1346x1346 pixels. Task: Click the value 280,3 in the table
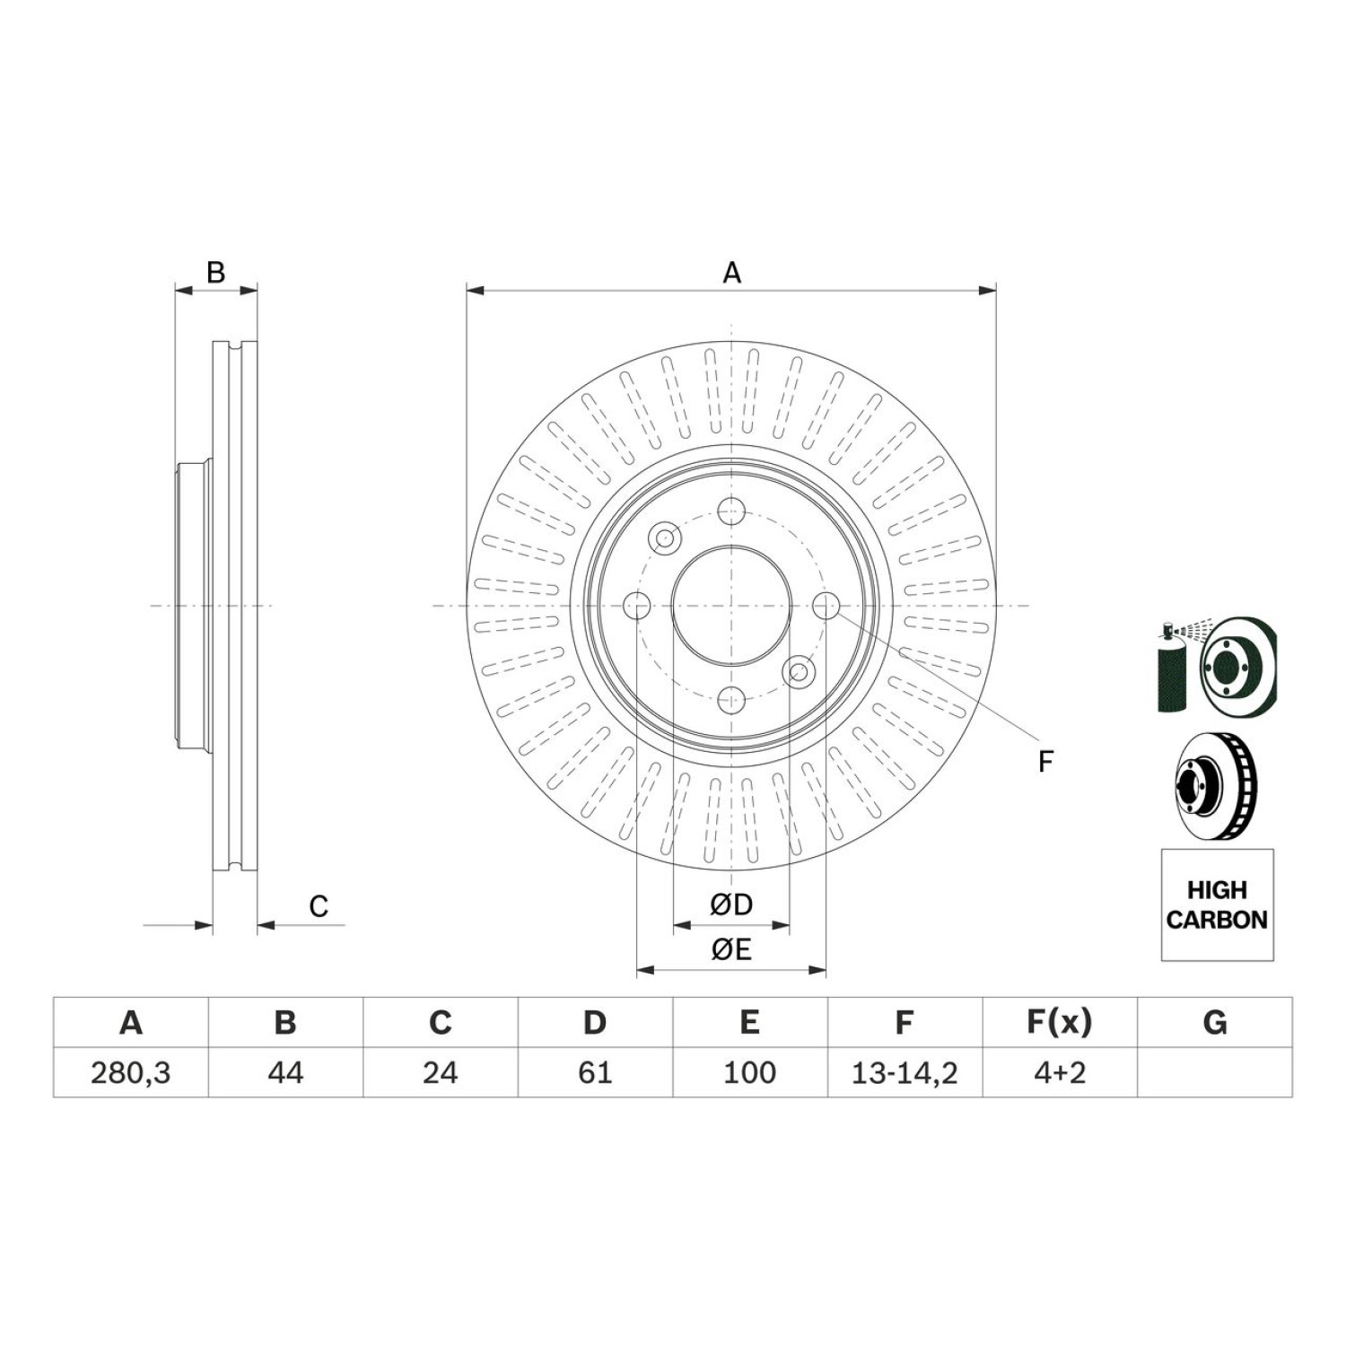point(131,1072)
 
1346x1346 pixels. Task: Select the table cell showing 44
point(285,1072)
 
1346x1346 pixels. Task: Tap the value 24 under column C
point(441,1072)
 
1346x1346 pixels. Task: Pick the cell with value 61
point(595,1072)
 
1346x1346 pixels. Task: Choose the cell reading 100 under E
point(749,1072)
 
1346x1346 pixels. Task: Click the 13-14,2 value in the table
point(905,1072)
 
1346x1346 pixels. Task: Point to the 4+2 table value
point(1060,1072)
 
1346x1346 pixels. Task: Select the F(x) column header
point(1060,1022)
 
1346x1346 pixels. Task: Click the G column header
point(1215,1022)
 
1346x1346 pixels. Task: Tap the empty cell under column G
point(1215,1072)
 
